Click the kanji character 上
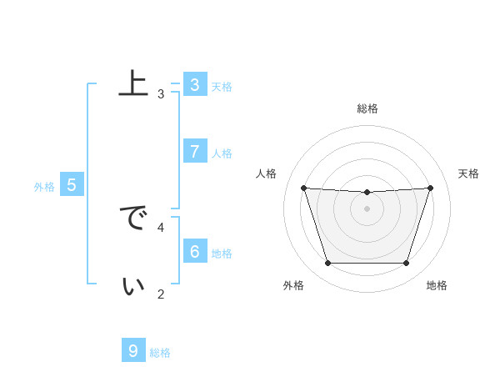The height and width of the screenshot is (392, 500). click(x=133, y=84)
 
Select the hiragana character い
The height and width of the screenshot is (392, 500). click(x=133, y=286)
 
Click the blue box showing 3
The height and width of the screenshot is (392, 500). click(x=194, y=85)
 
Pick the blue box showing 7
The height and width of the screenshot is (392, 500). click(x=194, y=151)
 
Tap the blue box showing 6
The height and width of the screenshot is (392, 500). click(x=194, y=251)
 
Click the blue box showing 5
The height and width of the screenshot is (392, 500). click(x=71, y=185)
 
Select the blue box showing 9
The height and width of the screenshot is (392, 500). click(x=132, y=350)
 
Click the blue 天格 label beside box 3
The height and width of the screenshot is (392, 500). click(x=222, y=87)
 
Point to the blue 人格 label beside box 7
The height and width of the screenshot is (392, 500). click(x=222, y=153)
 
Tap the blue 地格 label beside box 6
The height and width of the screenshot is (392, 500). click(x=222, y=254)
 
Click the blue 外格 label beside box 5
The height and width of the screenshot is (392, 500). click(x=44, y=187)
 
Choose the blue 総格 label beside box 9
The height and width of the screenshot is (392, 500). click(x=160, y=353)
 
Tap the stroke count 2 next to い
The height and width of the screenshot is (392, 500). click(x=161, y=294)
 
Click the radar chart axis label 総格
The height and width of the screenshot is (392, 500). click(x=367, y=108)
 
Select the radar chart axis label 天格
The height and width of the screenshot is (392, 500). click(x=469, y=173)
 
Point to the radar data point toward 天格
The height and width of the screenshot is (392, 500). click(x=431, y=188)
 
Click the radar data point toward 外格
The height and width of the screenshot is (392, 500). click(x=327, y=264)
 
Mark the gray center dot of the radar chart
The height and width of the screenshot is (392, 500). click(x=367, y=209)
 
